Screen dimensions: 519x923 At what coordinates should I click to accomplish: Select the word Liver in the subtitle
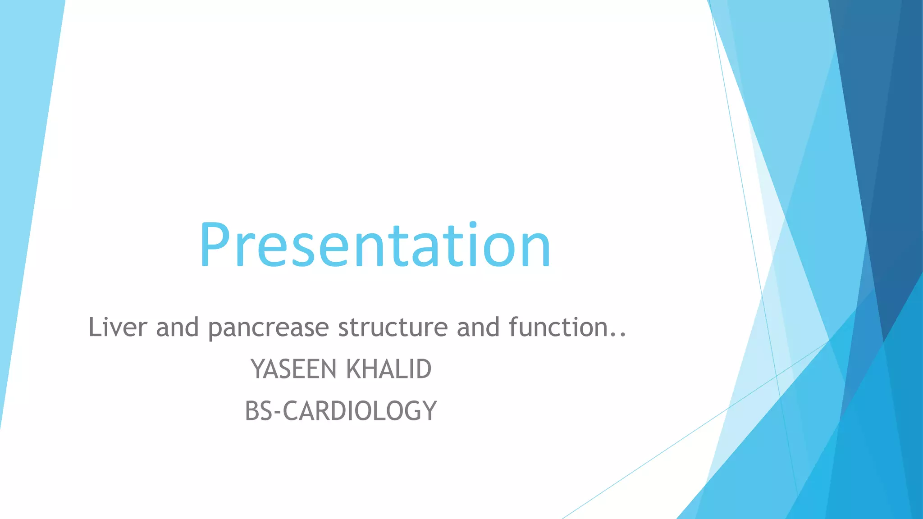[x=118, y=327]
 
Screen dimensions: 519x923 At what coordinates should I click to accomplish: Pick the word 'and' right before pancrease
[x=177, y=327]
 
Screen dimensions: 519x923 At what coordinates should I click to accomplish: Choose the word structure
[x=393, y=327]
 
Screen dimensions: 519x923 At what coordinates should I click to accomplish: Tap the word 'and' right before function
[x=478, y=327]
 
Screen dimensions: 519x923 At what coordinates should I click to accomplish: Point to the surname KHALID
[x=388, y=369]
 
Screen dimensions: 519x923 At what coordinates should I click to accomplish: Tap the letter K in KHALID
[x=354, y=369]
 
